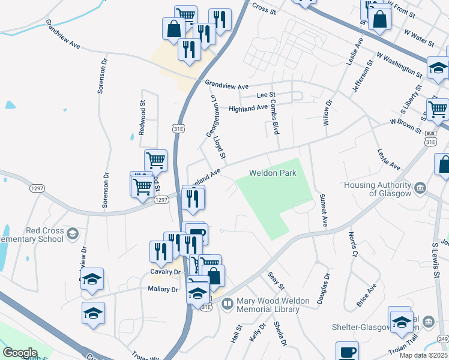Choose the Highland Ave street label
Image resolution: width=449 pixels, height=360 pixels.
248,108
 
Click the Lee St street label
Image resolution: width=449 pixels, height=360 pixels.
265,95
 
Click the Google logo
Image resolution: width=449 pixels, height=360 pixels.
20,353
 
